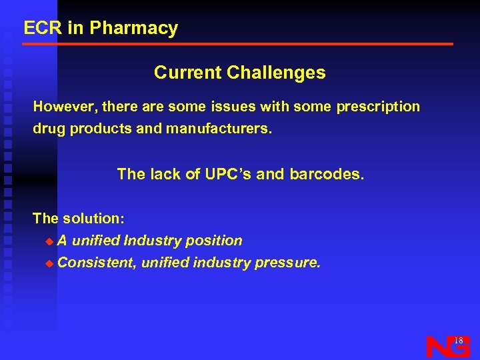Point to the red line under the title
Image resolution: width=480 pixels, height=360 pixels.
pos(237,44)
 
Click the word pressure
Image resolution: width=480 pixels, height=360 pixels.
pos(288,263)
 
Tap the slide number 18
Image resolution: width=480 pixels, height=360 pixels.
pos(458,341)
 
